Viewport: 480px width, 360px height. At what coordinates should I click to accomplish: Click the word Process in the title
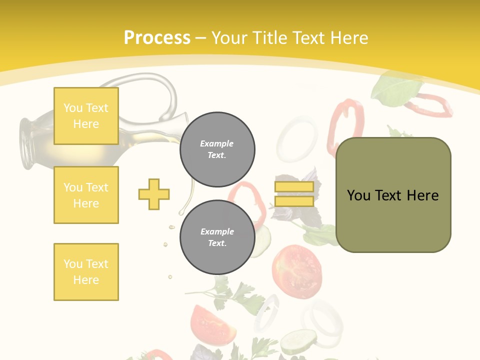tap(157, 38)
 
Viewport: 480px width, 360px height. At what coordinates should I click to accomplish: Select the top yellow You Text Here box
tap(86, 116)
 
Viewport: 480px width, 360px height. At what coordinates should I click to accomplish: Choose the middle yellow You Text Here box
tap(86, 195)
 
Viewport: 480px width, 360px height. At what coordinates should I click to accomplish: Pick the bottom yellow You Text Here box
tap(86, 272)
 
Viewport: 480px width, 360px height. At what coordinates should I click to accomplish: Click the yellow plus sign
tap(154, 194)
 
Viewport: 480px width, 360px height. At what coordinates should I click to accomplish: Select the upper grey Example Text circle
tap(217, 149)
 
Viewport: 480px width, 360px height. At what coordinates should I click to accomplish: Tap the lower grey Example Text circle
tap(217, 237)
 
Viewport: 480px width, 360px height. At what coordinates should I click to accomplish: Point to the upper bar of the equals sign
tap(294, 187)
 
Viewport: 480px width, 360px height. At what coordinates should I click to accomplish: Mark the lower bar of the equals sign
tap(294, 201)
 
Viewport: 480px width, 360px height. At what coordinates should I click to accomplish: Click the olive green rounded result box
tap(393, 195)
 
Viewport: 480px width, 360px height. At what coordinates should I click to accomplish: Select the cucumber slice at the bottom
tap(298, 342)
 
